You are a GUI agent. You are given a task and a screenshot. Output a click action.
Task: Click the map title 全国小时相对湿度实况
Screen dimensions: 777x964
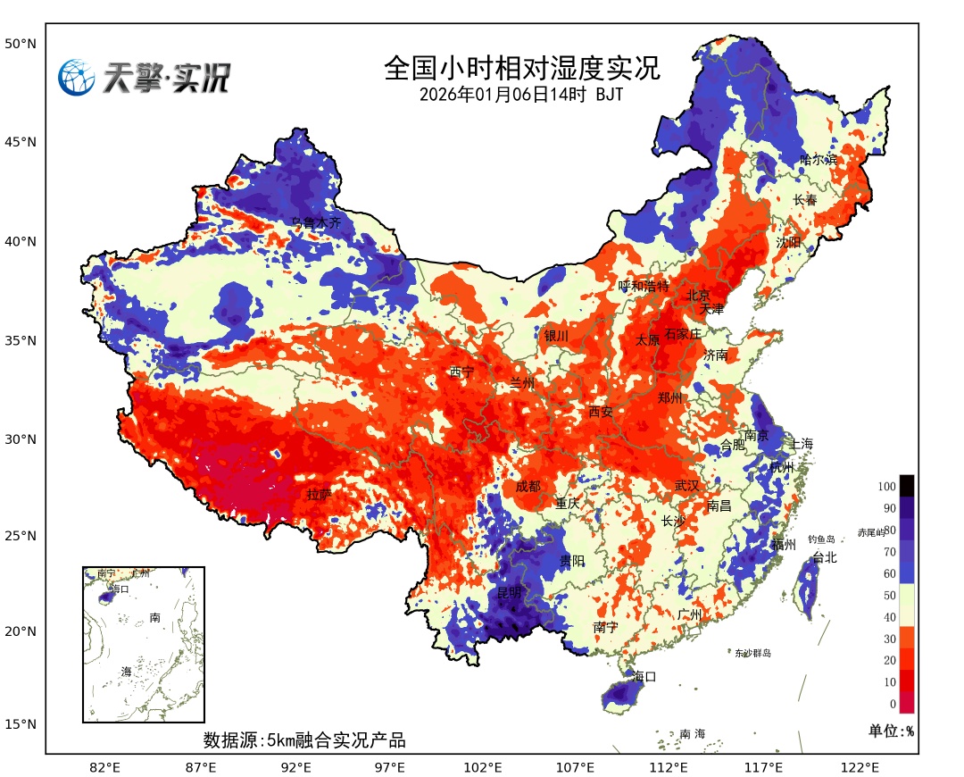click(x=522, y=68)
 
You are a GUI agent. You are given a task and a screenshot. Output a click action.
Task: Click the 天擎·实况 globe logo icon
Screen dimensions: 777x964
click(x=77, y=78)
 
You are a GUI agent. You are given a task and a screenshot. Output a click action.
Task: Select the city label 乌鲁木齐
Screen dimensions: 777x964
click(x=317, y=222)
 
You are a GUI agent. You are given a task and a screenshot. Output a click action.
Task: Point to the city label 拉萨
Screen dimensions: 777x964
click(x=320, y=493)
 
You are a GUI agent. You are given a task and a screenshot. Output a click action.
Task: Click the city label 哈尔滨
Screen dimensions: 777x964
click(x=819, y=160)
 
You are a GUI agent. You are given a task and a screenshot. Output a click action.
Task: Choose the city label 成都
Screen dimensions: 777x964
click(x=528, y=486)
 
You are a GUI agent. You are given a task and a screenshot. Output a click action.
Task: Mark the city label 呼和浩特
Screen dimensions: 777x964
click(x=644, y=286)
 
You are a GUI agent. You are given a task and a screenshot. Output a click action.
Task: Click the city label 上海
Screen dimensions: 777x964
click(x=802, y=444)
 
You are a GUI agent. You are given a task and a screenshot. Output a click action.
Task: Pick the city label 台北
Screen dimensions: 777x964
click(x=825, y=557)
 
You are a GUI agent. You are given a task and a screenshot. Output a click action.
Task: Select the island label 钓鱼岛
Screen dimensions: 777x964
click(x=821, y=539)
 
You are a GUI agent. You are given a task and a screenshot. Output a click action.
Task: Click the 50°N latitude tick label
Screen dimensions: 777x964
click(x=20, y=43)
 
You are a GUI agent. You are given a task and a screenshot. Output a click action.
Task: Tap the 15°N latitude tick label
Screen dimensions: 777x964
click(x=20, y=723)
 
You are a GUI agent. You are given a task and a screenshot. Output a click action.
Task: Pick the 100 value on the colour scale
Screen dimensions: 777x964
click(x=886, y=487)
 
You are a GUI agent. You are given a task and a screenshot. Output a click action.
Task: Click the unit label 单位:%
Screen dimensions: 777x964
click(x=892, y=731)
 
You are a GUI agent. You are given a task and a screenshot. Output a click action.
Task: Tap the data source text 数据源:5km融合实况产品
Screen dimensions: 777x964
click(x=304, y=740)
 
